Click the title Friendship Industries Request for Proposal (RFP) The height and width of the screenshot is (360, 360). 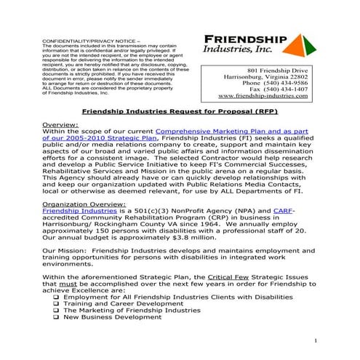click(x=180, y=113)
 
